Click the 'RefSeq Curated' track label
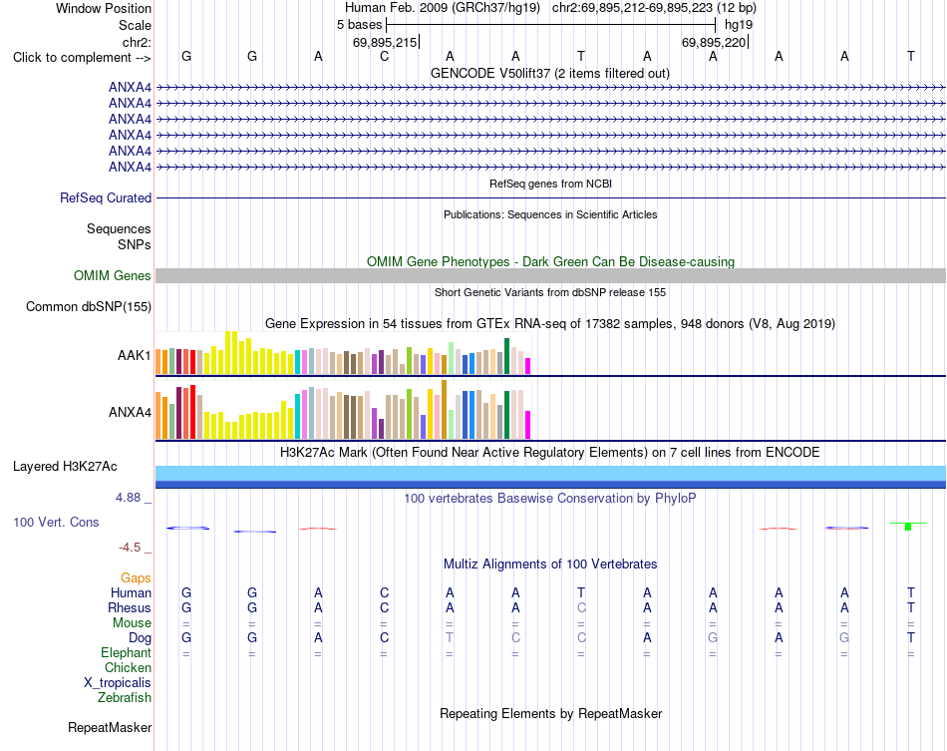click(106, 198)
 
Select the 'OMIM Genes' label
click(113, 276)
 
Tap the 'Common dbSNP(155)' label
click(89, 307)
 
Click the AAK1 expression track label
click(135, 355)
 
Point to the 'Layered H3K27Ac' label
click(65, 467)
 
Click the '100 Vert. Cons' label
click(56, 522)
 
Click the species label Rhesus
click(130, 607)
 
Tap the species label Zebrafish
click(125, 698)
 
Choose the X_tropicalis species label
click(118, 683)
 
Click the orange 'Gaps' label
click(136, 578)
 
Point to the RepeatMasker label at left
click(110, 727)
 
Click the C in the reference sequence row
click(384, 57)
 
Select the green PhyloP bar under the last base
click(908, 527)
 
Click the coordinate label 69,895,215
click(385, 42)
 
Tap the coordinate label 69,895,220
click(714, 42)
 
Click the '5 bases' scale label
click(359, 25)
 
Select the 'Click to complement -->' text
click(82, 58)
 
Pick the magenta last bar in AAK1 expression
click(528, 366)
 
